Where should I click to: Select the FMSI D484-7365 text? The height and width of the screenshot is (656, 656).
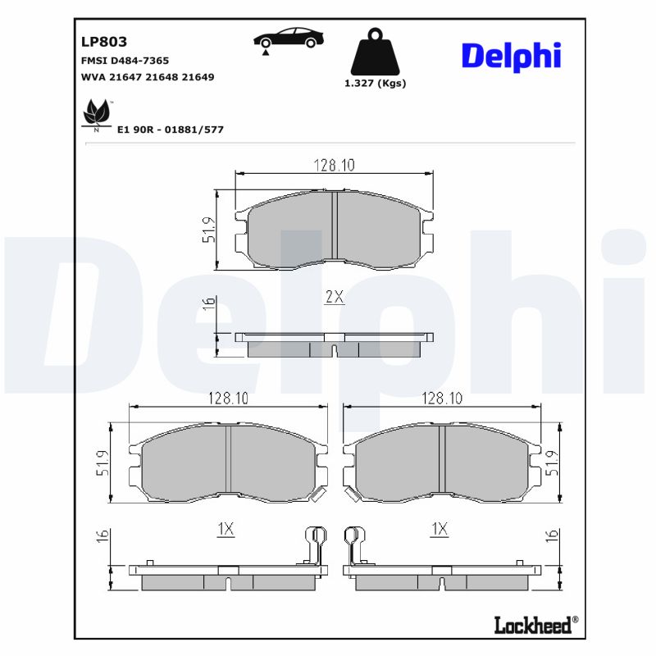coord(125,61)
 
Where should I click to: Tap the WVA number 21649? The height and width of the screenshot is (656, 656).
coord(198,76)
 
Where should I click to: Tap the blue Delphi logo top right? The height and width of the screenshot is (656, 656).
coord(511,55)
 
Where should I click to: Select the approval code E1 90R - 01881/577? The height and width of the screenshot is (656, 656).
coord(171,130)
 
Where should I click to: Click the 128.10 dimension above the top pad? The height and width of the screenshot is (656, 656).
coord(334,166)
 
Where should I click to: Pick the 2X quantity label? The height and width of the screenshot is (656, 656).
coord(334,298)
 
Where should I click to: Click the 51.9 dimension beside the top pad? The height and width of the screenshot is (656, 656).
coord(209,230)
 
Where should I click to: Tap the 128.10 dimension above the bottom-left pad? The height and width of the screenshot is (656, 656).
coord(228,399)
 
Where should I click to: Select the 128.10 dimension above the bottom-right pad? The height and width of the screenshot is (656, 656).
coord(442,399)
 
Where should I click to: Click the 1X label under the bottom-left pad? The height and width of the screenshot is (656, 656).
coord(225,530)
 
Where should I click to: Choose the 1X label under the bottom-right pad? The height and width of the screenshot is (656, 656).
coord(440,530)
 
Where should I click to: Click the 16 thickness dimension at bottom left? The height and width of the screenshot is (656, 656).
coord(102,536)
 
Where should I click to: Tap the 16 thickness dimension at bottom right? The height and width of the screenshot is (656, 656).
coord(553,536)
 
